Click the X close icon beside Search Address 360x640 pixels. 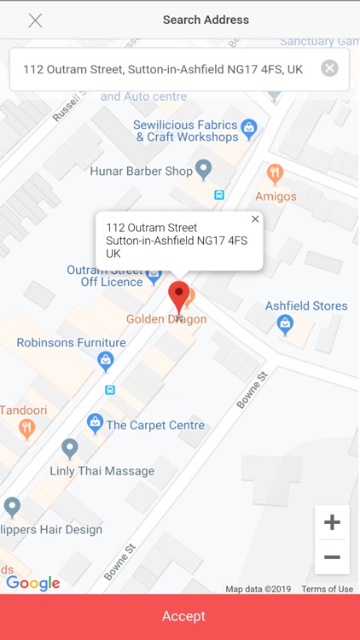(35, 20)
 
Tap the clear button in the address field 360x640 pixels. (329, 69)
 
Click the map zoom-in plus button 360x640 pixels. (332, 522)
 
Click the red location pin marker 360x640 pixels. (178, 297)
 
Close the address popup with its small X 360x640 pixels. (255, 219)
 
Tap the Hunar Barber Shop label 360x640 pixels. (142, 172)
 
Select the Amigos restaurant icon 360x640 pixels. (275, 174)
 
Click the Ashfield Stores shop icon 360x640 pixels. (285, 324)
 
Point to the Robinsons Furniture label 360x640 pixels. (72, 343)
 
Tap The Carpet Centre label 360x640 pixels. (155, 425)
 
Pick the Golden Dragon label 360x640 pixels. (166, 319)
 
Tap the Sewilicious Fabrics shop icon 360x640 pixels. (249, 129)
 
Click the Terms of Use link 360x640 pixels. (327, 589)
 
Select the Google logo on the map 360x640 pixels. (32, 583)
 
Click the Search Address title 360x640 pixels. (206, 20)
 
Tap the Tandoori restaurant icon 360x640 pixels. (27, 429)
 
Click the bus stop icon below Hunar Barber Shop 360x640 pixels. (219, 195)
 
